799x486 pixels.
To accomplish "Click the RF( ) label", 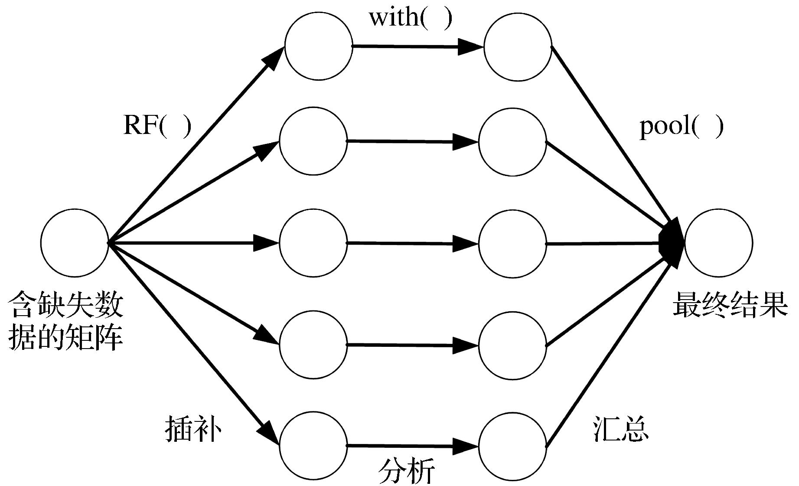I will [157, 126].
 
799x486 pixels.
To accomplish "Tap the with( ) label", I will [410, 18].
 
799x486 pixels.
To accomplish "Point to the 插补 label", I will [193, 429].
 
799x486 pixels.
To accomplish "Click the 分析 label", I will [406, 471].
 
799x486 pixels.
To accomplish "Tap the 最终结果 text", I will [730, 305].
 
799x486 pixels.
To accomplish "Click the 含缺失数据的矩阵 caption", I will [66, 321].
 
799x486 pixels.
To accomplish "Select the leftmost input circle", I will [75, 243].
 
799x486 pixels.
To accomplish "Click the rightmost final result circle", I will [718, 243].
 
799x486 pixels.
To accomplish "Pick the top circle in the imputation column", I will [319, 46].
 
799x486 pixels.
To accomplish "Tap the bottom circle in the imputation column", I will [313, 445].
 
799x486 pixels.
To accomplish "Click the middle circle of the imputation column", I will [313, 243].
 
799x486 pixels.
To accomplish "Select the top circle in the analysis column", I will [518, 46].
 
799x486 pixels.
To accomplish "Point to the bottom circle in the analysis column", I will [513, 446].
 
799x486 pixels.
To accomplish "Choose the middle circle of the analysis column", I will [513, 244].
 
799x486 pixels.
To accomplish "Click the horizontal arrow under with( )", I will [418, 46].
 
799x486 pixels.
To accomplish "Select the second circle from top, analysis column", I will [513, 142].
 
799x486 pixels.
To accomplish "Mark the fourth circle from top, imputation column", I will [313, 345].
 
